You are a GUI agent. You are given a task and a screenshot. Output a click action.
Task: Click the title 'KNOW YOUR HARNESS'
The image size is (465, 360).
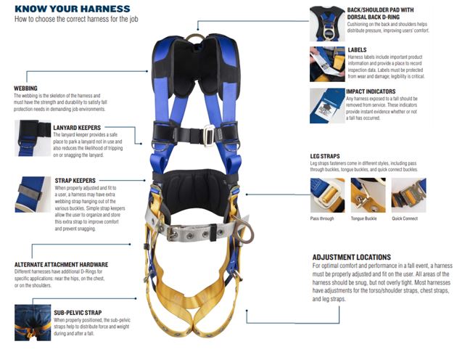[73, 9]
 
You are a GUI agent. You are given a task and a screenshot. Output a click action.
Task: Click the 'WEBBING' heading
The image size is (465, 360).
[25, 88]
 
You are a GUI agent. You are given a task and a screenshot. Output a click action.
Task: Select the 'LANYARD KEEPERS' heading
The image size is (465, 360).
[77, 128]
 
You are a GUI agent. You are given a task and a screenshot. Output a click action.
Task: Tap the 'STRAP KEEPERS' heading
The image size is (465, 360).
[75, 181]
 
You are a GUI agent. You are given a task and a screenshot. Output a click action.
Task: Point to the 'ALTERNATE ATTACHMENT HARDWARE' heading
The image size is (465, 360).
[62, 264]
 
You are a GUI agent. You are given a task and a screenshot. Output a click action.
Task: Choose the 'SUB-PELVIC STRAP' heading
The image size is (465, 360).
[78, 313]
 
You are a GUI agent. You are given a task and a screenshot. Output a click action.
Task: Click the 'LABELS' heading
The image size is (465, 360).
[357, 50]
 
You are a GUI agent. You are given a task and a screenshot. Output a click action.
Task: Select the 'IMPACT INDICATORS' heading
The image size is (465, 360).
[371, 91]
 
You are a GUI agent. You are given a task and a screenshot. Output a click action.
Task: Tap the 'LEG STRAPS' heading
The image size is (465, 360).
[325, 156]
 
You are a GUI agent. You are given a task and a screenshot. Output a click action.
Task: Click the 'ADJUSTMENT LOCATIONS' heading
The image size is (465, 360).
[352, 257]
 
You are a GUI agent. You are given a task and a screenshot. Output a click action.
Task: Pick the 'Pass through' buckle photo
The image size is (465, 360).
[327, 195]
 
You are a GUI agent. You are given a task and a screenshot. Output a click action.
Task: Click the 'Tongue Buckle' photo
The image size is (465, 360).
[368, 195]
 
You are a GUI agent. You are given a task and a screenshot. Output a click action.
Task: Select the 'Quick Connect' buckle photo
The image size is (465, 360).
[408, 195]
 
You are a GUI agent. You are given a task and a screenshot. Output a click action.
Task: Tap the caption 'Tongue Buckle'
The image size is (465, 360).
[364, 218]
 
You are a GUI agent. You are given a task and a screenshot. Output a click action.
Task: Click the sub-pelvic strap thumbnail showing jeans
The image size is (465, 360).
[33, 322]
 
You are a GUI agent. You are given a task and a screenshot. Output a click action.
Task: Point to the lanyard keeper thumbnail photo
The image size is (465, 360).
[33, 138]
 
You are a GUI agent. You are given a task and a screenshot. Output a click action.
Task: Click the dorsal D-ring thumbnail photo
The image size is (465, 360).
[327, 24]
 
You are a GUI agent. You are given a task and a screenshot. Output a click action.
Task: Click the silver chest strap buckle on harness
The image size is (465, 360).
[209, 135]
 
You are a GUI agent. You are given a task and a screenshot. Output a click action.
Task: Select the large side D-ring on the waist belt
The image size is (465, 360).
[244, 229]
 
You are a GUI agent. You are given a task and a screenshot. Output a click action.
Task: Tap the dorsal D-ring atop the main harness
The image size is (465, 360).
[195, 38]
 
